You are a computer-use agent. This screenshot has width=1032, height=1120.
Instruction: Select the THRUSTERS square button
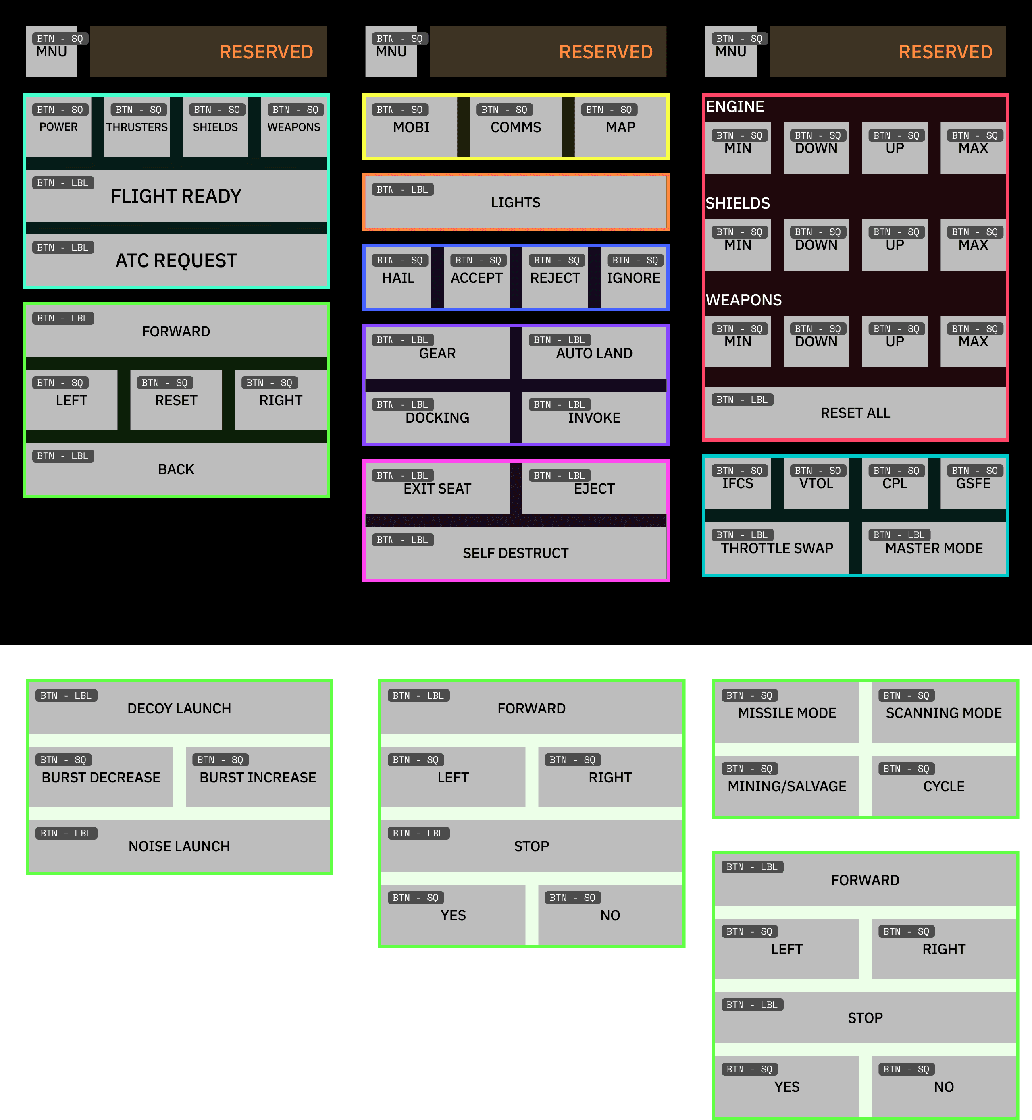point(137,127)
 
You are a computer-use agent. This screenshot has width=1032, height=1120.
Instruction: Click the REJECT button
point(555,278)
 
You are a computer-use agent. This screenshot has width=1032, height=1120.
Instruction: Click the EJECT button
point(594,488)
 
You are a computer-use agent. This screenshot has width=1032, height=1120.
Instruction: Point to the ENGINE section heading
point(734,107)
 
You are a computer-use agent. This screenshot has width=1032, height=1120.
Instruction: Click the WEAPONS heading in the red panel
point(743,300)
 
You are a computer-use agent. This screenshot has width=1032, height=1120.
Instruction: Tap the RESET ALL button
point(855,413)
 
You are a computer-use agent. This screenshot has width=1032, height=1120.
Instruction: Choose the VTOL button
point(816,483)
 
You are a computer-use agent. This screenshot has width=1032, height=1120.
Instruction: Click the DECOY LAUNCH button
point(179,708)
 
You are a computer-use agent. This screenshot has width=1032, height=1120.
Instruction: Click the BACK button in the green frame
point(176,469)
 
